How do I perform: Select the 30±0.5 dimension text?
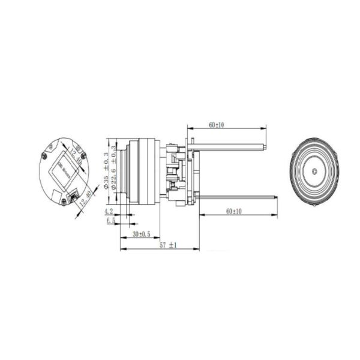point(142,233)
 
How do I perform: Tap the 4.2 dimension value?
point(109,212)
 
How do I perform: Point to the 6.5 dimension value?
point(110,221)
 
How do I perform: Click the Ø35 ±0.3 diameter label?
point(107,170)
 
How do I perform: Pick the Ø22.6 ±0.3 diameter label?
point(116,170)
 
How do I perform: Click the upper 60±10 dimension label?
point(217,124)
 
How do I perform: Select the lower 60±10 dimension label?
point(234,211)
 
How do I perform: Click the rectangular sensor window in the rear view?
point(64,170)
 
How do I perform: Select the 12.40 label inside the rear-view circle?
point(74,157)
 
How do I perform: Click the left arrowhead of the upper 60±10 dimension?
point(189,128)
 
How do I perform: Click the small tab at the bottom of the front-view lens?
point(314,203)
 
